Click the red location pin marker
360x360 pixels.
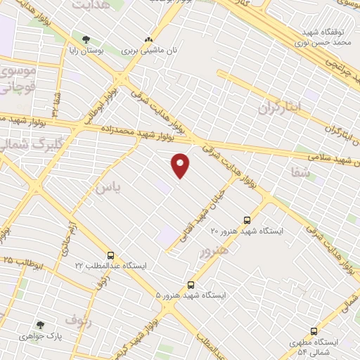[181, 165]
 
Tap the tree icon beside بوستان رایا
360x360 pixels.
[86, 39]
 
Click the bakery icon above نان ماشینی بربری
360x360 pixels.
[148, 39]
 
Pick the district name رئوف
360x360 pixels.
[79, 321]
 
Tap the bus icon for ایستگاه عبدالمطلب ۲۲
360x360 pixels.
[110, 255]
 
